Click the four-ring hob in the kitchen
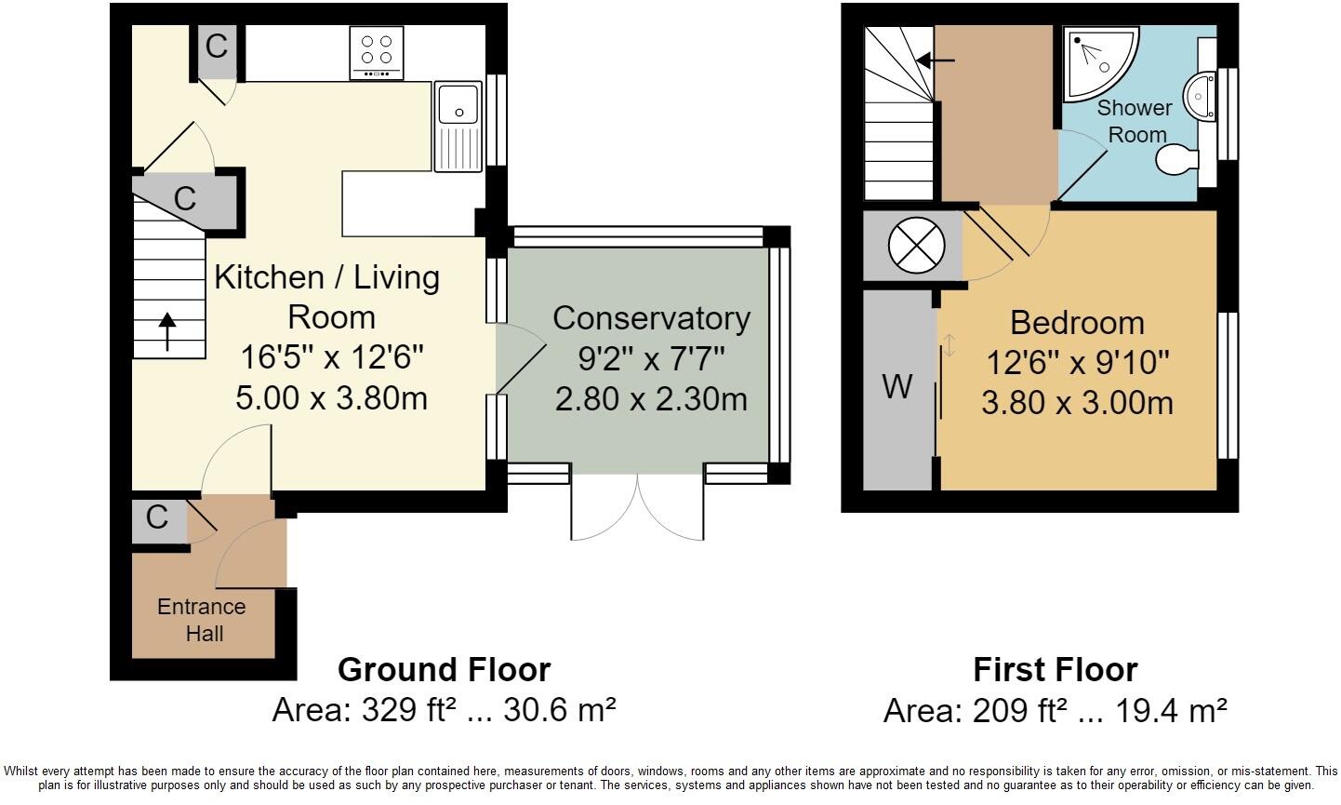click(377, 53)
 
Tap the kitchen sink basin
click(458, 104)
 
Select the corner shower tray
click(1100, 63)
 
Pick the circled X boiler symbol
click(917, 246)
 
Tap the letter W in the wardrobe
click(896, 387)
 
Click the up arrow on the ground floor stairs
click(167, 331)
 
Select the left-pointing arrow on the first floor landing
click(936, 60)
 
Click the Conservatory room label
click(651, 318)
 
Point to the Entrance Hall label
click(202, 620)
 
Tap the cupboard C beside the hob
click(217, 47)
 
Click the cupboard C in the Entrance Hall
click(157, 517)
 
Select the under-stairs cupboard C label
click(185, 199)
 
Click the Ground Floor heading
click(445, 670)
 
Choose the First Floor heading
click(1056, 670)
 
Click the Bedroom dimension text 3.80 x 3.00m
click(1077, 403)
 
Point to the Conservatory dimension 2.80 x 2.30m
click(651, 399)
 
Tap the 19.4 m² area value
click(1172, 711)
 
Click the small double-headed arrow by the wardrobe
click(949, 345)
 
